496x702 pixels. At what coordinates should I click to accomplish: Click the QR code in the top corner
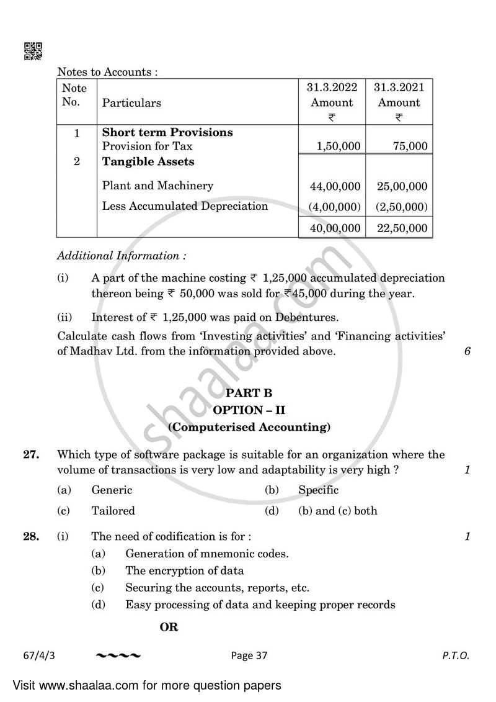[x=33, y=51]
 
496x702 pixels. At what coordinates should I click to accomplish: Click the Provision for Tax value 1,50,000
[x=339, y=146]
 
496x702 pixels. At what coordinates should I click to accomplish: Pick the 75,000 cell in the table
[x=410, y=146]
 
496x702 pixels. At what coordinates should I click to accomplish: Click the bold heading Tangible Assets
[x=148, y=162]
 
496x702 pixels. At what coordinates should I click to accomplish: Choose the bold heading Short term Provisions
[x=167, y=132]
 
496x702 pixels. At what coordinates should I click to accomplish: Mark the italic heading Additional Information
[x=122, y=256]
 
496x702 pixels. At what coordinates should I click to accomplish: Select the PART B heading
[x=249, y=393]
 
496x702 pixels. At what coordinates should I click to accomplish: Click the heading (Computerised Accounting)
[x=249, y=427]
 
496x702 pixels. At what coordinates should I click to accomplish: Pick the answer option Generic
[x=112, y=490]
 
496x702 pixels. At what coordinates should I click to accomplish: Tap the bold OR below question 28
[x=169, y=628]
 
